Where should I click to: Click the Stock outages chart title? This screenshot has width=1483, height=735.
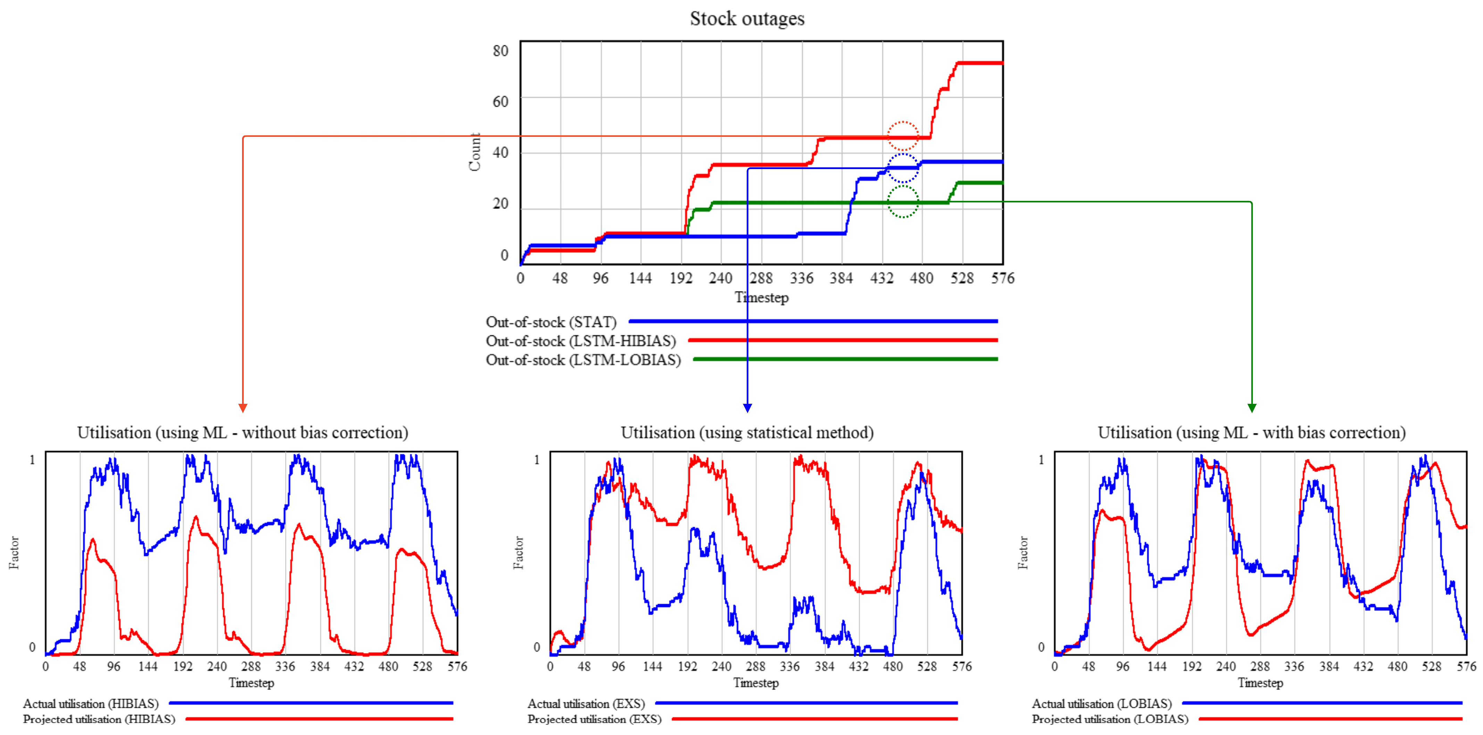pyautogui.click(x=747, y=19)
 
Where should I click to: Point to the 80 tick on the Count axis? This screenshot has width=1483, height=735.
pyautogui.click(x=500, y=51)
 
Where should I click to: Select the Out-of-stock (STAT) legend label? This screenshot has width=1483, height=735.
pyautogui.click(x=551, y=322)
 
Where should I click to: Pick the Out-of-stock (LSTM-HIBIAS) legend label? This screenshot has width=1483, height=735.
pyautogui.click(x=580, y=341)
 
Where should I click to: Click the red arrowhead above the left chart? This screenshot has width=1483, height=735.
pyautogui.click(x=243, y=408)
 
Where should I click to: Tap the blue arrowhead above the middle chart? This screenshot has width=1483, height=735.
pyautogui.click(x=747, y=408)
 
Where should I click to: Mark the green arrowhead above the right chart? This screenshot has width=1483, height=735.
pyautogui.click(x=1252, y=408)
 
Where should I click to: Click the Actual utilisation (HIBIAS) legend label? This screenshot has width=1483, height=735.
pyautogui.click(x=90, y=703)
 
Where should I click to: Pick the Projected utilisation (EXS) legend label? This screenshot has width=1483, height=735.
pyautogui.click(x=594, y=719)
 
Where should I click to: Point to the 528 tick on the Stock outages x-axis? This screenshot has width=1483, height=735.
pyautogui.click(x=961, y=278)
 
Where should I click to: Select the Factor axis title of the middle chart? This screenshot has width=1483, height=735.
pyautogui.click(x=519, y=553)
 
